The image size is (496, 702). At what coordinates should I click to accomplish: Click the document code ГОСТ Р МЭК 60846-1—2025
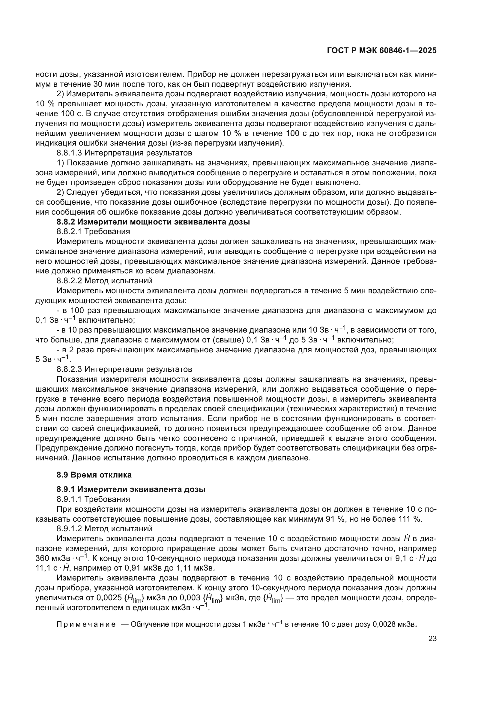tap(381, 51)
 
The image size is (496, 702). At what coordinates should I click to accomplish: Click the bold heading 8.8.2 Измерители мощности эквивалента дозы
tap(153, 222)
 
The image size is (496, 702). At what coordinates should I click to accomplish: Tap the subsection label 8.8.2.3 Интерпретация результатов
tap(124, 369)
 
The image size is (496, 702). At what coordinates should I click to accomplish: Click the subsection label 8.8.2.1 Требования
tap(93, 231)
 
